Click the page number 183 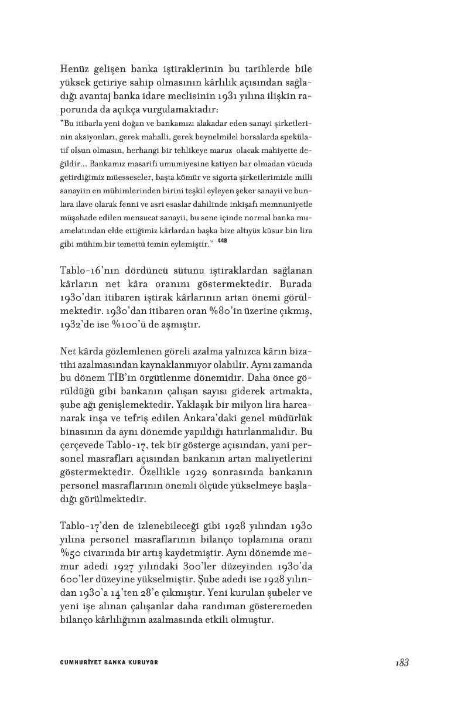402,663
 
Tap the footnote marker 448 222,241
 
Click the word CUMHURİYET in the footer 80,663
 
